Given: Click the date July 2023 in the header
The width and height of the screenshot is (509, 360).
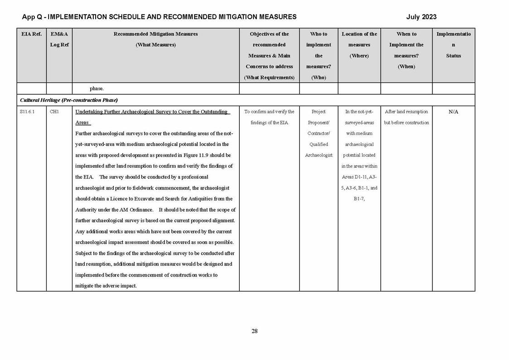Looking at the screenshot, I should [421, 17].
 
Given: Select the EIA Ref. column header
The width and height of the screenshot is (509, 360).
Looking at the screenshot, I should [31, 34].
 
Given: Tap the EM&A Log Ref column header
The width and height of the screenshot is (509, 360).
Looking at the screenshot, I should [59, 39].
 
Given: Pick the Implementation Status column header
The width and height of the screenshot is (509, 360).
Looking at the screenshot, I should [453, 45].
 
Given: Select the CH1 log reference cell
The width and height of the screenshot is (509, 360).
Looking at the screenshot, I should [54, 112].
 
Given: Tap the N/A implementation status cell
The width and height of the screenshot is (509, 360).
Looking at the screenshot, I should [453, 112].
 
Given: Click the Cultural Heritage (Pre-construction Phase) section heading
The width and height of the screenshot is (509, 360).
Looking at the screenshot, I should [69, 100].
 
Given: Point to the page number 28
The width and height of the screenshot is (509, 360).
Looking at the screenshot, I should [254, 331].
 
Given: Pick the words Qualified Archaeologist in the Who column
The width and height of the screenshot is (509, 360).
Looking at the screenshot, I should [318, 150].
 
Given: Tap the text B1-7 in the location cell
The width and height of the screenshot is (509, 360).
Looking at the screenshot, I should [359, 199].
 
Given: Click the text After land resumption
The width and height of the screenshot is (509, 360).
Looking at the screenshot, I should [406, 112].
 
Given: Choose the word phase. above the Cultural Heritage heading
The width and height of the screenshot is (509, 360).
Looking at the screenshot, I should [97, 88].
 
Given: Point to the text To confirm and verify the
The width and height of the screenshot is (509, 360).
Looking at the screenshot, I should [269, 112].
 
